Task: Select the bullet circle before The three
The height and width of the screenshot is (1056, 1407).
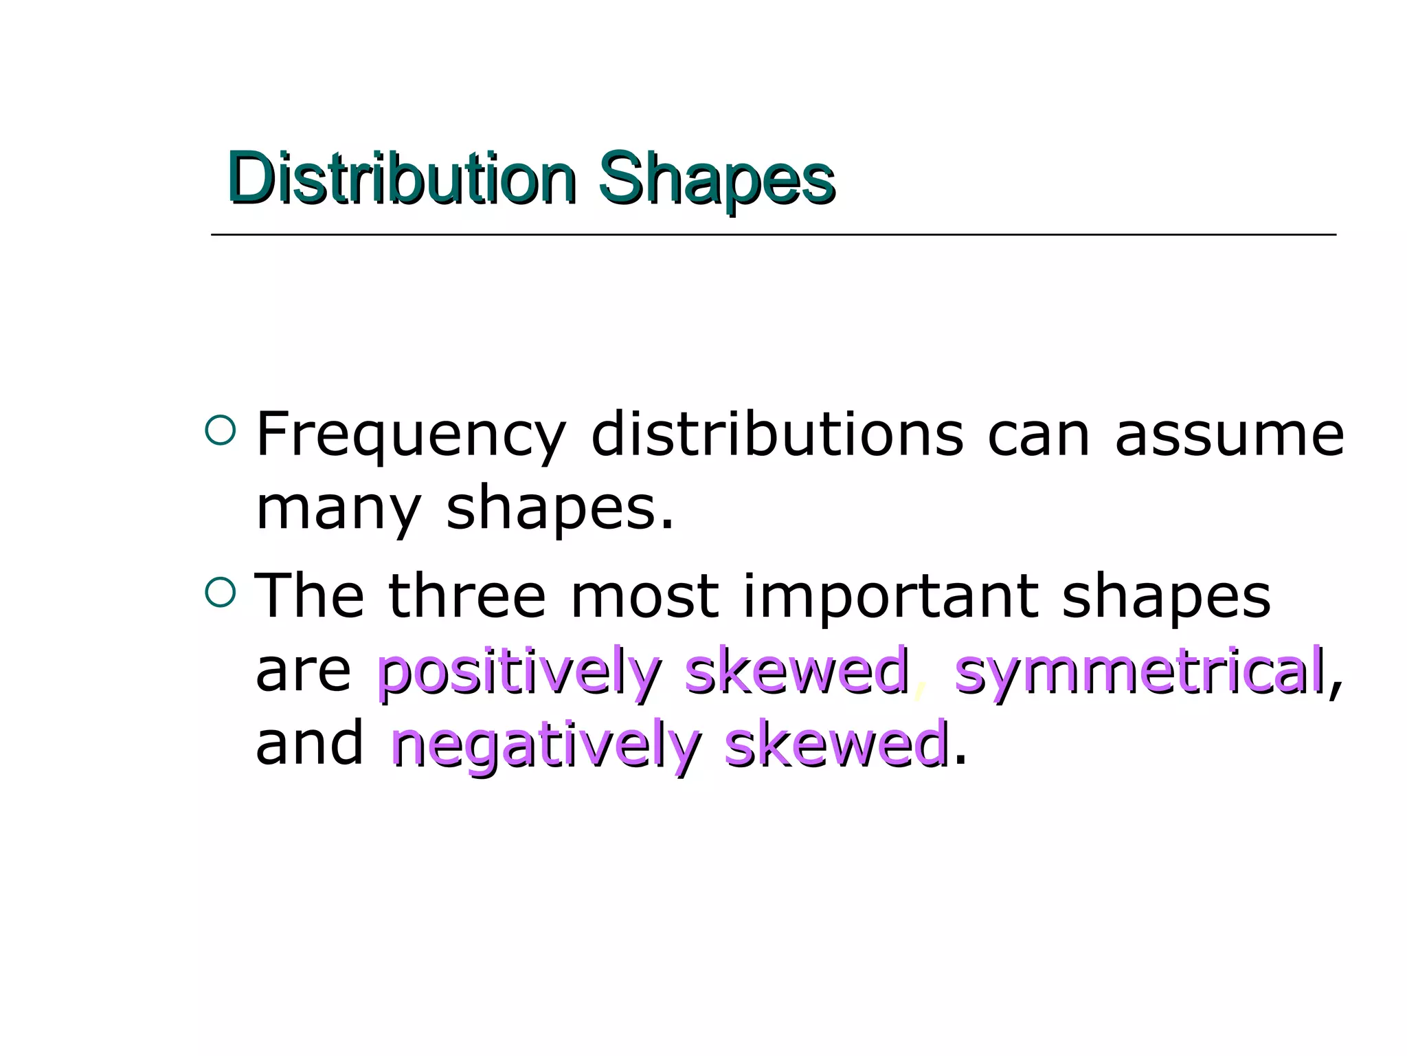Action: point(220,593)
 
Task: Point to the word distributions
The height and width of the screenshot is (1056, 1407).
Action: point(777,434)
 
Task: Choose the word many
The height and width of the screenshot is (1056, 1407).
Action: point(337,510)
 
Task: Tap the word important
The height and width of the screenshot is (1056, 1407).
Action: point(890,597)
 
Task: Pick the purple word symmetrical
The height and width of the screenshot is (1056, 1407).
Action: point(1139,671)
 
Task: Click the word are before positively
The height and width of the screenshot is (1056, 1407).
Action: point(303,671)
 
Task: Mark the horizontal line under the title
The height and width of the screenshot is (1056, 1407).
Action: point(773,235)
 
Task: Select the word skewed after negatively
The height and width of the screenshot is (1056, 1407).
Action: point(836,744)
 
